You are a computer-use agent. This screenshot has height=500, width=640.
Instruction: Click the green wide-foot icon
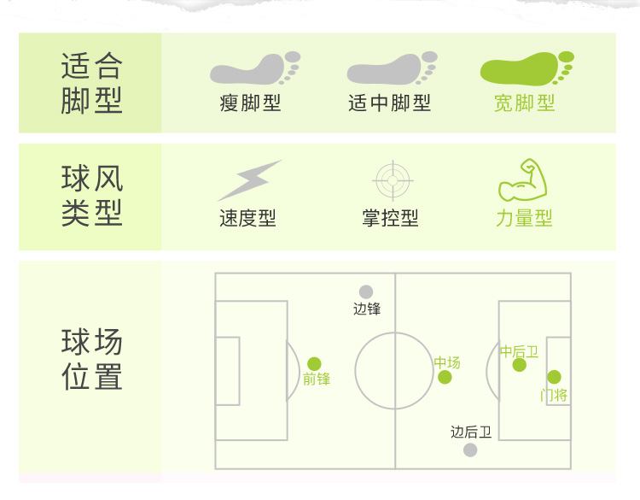click(x=526, y=68)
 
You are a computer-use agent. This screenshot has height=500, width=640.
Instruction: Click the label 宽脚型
click(x=525, y=103)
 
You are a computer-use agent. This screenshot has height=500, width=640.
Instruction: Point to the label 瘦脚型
click(x=250, y=103)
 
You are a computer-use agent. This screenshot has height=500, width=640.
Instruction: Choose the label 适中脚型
click(x=389, y=103)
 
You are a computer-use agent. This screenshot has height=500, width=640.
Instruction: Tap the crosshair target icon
click(x=393, y=180)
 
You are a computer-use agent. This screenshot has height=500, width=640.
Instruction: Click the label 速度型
click(x=247, y=219)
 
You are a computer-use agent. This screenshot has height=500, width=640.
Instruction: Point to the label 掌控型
click(x=390, y=219)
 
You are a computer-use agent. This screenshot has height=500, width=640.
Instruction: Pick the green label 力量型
click(x=524, y=219)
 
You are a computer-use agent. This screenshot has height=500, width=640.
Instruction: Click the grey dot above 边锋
click(x=366, y=292)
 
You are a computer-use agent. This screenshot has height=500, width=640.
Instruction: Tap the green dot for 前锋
click(x=314, y=364)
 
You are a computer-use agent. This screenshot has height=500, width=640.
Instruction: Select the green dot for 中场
click(x=445, y=378)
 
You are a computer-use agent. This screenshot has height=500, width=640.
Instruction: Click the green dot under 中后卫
click(x=520, y=365)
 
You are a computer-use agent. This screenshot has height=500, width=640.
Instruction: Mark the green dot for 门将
click(x=554, y=377)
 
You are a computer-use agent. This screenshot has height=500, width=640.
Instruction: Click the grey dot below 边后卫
click(x=470, y=450)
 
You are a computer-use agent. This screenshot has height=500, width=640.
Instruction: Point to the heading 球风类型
click(x=92, y=196)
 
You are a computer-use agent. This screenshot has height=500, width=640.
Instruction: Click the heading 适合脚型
click(x=92, y=83)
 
